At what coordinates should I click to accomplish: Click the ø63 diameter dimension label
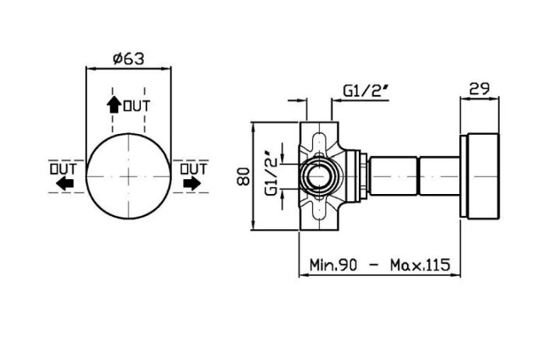(128, 58)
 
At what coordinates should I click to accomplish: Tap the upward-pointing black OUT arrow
(114, 104)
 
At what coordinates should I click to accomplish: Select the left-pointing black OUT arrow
(65, 183)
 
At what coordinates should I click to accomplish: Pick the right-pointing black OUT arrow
(192, 183)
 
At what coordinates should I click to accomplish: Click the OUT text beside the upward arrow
(137, 106)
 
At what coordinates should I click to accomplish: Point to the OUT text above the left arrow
(63, 169)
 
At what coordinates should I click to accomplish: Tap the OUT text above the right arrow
(193, 169)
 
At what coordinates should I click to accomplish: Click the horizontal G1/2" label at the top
(366, 91)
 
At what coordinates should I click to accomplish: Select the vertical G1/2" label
(271, 173)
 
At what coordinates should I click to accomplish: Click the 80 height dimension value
(243, 176)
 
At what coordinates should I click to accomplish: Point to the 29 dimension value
(480, 89)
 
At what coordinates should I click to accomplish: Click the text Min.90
(333, 265)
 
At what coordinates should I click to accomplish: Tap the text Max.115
(420, 265)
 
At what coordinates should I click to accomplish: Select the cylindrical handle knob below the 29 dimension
(480, 176)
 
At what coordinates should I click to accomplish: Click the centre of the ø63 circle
(128, 176)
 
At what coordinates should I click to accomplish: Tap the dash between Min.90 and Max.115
(374, 265)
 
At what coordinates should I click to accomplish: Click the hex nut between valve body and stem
(364, 176)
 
